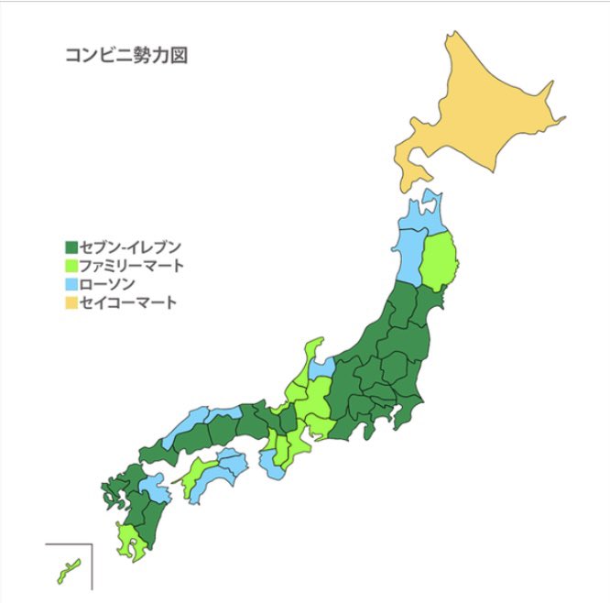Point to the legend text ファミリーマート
(132, 266)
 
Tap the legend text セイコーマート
(128, 302)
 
